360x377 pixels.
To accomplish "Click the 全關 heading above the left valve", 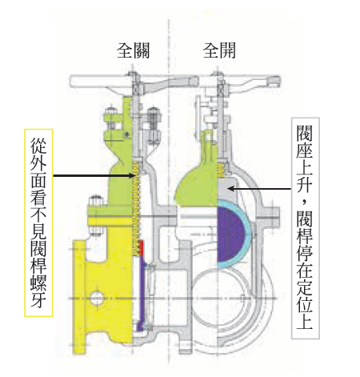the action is click(133, 50).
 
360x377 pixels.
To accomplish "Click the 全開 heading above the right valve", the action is click(219, 50).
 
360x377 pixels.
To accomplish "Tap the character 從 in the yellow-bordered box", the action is click(38, 146).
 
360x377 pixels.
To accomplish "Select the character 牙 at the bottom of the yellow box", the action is click(38, 299).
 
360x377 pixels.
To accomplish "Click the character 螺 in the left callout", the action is click(38, 282).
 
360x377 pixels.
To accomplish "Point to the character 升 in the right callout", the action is click(305, 183).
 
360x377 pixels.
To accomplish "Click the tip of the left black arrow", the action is click(136, 175).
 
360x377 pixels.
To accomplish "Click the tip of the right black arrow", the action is click(227, 189).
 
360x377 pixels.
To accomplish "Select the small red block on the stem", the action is click(141, 248).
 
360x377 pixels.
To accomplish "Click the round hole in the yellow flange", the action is click(97, 298).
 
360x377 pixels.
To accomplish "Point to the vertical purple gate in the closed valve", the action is click(142, 294).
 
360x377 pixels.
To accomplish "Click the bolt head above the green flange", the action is click(96, 201).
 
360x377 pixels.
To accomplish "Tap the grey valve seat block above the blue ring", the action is click(227, 188).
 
